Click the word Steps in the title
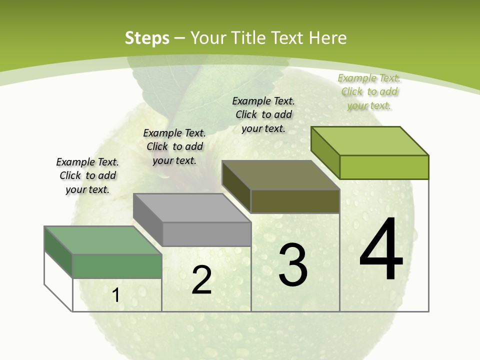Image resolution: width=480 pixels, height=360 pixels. [147, 38]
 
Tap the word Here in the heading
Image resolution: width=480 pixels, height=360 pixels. [327, 38]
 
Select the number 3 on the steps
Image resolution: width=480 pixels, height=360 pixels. [293, 264]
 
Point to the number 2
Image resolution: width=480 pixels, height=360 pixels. [202, 280]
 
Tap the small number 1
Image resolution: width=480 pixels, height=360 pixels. [116, 295]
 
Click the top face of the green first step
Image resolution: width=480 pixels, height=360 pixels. [103, 240]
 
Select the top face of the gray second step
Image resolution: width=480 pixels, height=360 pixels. [192, 207]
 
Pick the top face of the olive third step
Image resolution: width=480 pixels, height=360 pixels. [280, 175]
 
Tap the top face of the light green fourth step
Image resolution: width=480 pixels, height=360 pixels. [370, 140]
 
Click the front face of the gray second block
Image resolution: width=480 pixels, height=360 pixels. [206, 234]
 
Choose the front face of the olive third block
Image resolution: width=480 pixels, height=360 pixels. [295, 201]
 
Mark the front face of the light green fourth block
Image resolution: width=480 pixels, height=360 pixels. [384, 167]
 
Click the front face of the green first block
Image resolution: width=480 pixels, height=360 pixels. [117, 266]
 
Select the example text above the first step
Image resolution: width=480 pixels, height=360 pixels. [87, 175]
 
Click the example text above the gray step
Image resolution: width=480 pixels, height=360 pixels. [174, 146]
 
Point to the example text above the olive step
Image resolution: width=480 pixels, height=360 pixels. [263, 114]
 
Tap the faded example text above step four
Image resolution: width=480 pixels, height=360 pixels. [369, 91]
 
